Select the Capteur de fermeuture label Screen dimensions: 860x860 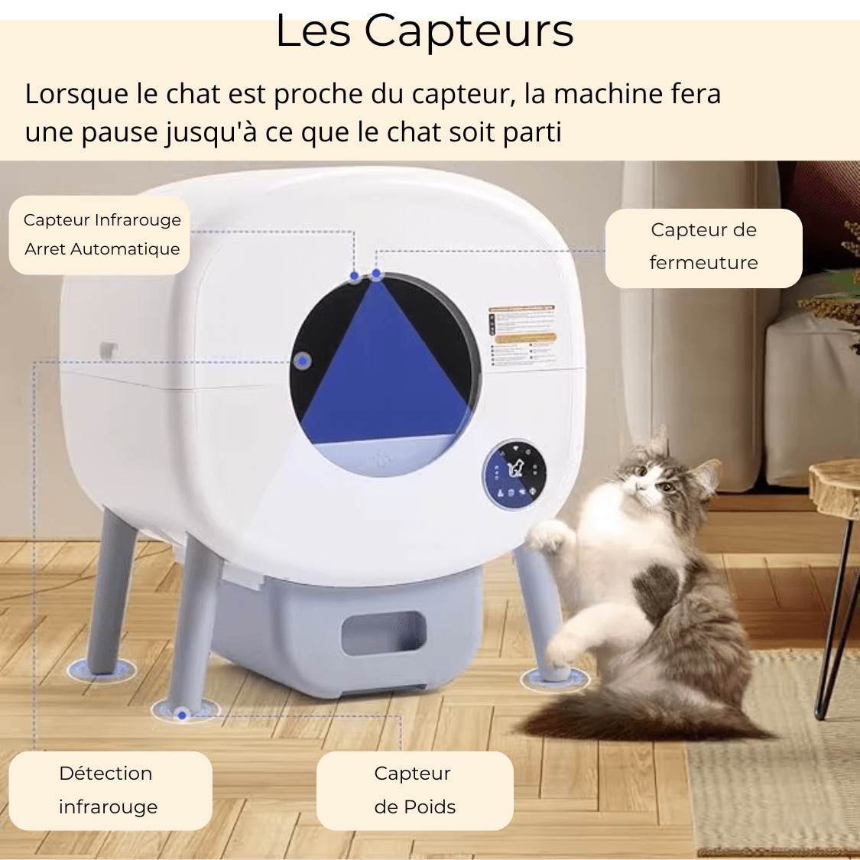point(703,248)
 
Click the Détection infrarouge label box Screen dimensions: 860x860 point(109,790)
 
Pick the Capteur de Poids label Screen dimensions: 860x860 point(414,790)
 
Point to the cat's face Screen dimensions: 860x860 point(647,478)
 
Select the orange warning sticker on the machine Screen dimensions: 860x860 point(525,337)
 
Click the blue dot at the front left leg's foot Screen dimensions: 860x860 point(182,715)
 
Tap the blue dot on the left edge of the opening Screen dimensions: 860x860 point(302,360)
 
